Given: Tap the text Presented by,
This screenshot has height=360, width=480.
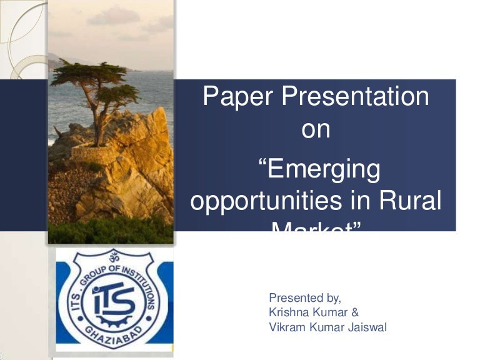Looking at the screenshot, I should point(304,297).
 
